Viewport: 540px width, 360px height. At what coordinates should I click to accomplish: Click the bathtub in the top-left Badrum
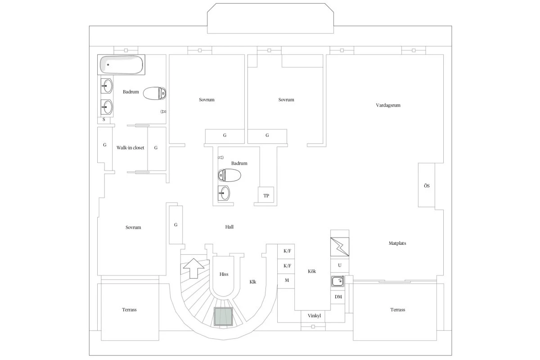[121, 65]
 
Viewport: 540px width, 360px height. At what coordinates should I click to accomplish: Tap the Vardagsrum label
[388, 105]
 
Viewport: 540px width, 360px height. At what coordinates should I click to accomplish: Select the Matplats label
[397, 243]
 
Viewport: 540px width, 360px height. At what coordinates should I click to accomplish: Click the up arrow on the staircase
[193, 268]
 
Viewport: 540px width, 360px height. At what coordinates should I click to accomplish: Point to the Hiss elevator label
[224, 274]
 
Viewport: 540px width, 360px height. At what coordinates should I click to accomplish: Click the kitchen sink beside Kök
[338, 281]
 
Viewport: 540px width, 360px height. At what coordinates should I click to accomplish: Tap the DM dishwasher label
[338, 297]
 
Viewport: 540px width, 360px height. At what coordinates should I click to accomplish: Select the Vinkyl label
[314, 315]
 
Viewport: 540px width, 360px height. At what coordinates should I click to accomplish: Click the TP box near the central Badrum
[266, 195]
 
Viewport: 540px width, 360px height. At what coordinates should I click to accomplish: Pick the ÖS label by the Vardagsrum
[427, 186]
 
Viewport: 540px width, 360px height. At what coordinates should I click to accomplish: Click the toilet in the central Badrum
[229, 175]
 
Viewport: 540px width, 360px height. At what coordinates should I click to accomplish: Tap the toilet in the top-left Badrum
[154, 93]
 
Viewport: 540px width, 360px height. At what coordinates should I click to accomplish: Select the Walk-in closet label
[130, 148]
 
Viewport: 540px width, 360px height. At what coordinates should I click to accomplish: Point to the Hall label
[229, 227]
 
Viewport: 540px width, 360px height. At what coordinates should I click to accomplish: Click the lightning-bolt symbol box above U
[340, 247]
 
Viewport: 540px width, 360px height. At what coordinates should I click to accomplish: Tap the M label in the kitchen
[287, 280]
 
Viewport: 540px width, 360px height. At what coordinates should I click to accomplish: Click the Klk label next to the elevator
[253, 282]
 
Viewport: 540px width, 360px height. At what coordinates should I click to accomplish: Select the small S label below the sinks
[104, 119]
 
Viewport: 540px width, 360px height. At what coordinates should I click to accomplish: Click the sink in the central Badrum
[224, 193]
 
